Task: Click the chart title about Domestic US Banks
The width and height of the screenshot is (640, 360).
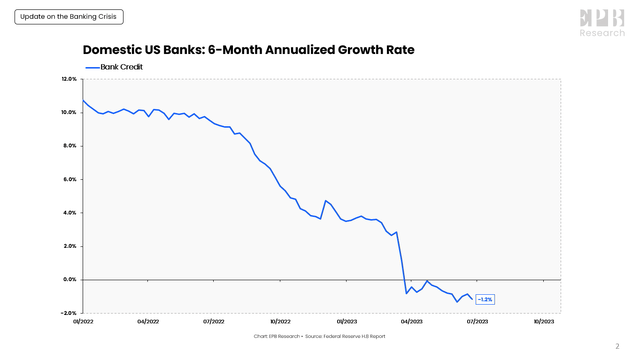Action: [x=247, y=49]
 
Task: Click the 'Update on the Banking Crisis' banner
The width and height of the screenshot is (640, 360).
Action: [x=70, y=18]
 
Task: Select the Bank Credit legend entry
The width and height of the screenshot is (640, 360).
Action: [x=117, y=67]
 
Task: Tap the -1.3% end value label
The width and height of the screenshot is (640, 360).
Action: [x=484, y=299]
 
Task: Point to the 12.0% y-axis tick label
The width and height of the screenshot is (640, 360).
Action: [x=69, y=79]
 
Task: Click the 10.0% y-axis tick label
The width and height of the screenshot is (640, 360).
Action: [x=69, y=113]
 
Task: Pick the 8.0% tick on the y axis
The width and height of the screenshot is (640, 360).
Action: [x=70, y=146]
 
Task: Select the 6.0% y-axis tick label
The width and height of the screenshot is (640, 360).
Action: [x=70, y=180]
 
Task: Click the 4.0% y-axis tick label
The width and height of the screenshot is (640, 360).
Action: [x=70, y=213]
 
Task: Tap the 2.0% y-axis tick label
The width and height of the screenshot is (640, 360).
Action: [x=70, y=246]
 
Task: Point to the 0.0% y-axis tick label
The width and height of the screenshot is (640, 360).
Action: [x=70, y=280]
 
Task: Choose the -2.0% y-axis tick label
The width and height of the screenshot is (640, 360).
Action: [x=68, y=313]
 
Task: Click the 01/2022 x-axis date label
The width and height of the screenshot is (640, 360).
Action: [x=83, y=322]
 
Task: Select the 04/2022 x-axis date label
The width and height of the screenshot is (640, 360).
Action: [x=148, y=322]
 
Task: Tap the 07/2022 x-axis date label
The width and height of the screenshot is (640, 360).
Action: [x=214, y=322]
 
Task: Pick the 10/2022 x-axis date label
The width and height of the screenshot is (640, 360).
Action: [x=280, y=322]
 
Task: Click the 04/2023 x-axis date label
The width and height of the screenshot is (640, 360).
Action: [x=411, y=322]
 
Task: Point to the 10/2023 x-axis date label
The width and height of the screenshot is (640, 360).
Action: [x=543, y=322]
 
